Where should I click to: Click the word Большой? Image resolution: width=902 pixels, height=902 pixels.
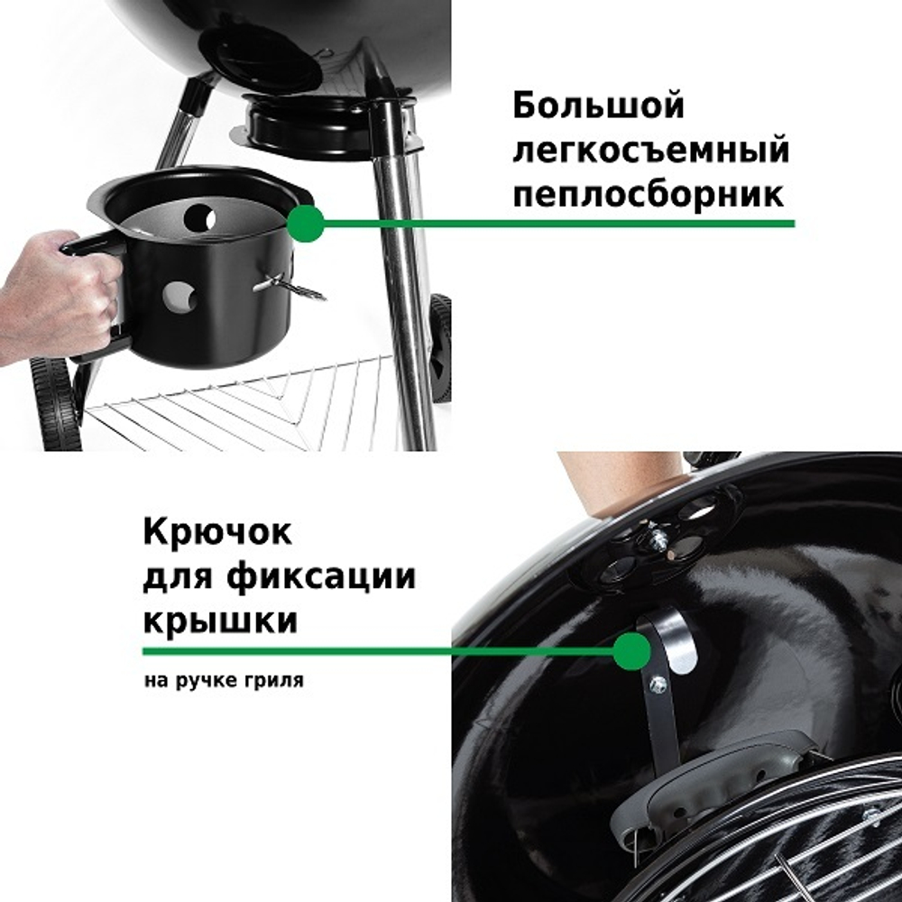click(x=599, y=107)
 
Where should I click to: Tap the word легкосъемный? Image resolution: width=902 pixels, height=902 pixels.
click(x=650, y=151)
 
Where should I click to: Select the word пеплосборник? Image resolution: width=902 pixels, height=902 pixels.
click(x=649, y=193)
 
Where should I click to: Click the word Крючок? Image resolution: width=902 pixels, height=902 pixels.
click(x=217, y=531)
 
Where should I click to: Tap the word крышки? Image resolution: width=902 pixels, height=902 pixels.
click(x=220, y=620)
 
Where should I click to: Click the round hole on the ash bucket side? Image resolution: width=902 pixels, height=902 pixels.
click(x=179, y=299)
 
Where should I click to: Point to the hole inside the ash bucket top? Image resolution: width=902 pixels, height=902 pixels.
click(x=199, y=218)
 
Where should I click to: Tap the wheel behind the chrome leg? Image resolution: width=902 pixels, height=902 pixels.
click(x=440, y=347)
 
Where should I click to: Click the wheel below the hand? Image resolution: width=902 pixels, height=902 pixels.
click(x=56, y=403)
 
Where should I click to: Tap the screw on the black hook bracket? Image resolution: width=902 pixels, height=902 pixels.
click(x=658, y=685)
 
